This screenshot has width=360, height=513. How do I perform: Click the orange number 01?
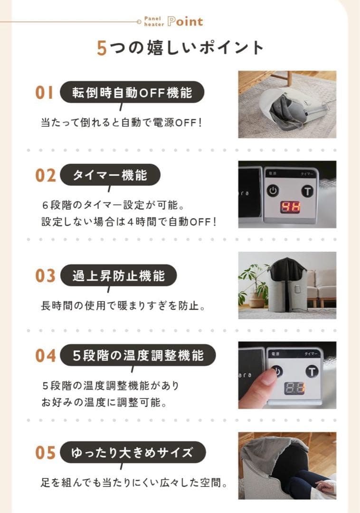pyautogui.click(x=45, y=92)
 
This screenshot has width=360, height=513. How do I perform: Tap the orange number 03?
pyautogui.click(x=46, y=275)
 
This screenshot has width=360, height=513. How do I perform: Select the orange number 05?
pyautogui.click(x=46, y=453)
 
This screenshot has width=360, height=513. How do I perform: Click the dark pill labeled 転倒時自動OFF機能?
pyautogui.click(x=132, y=92)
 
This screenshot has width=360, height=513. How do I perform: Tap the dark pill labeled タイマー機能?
pyautogui.click(x=110, y=175)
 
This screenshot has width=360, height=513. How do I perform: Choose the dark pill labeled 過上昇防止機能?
pyautogui.click(x=118, y=275)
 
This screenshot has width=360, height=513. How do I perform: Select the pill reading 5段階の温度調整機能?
pyautogui.click(x=138, y=355)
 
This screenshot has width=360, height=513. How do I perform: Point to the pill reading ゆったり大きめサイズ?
pyautogui.click(x=133, y=453)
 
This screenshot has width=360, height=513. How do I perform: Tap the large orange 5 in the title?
pyautogui.click(x=102, y=48)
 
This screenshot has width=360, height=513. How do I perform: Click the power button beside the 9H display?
pyautogui.click(x=272, y=190)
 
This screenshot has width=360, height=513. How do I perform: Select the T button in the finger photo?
pyautogui.click(x=312, y=371)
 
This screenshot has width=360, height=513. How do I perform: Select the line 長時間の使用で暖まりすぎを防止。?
pyautogui.click(x=123, y=305)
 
